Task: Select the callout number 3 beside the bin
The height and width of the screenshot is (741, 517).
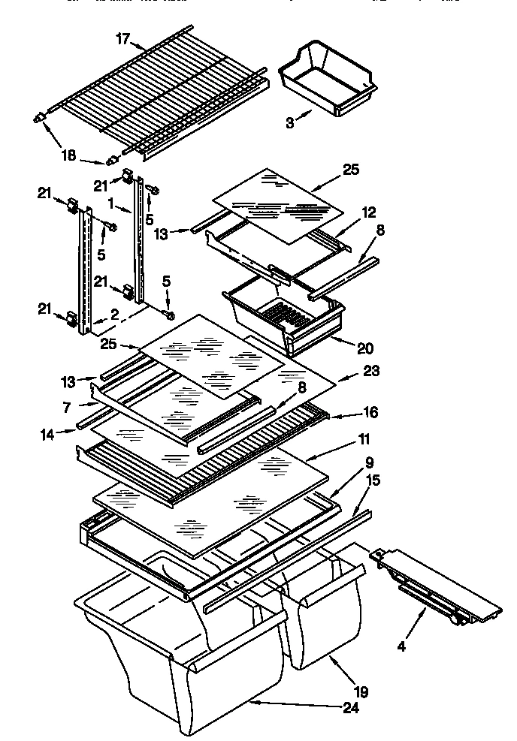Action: click(x=290, y=123)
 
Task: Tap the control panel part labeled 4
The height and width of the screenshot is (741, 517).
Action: click(x=436, y=586)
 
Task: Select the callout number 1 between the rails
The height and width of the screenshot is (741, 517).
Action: click(x=110, y=203)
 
